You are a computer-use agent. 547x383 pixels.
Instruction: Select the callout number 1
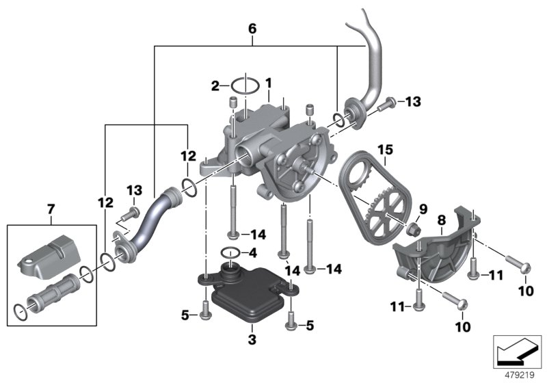[x=269, y=83]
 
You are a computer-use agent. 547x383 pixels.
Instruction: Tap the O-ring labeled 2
[x=244, y=86]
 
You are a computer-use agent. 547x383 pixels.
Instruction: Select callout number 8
[x=441, y=220]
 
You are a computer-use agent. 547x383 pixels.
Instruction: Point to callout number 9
[x=423, y=209]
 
